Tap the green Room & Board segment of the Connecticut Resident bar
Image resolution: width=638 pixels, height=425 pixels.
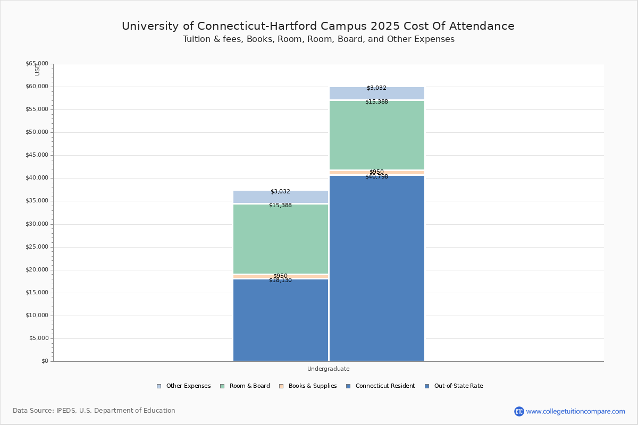click(281, 239)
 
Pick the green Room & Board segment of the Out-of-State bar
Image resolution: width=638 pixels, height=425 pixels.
click(377, 135)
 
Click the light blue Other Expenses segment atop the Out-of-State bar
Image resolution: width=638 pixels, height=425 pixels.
click(377, 93)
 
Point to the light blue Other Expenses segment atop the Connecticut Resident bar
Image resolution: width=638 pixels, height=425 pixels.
click(281, 197)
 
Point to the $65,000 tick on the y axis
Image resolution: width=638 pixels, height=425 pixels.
click(37, 64)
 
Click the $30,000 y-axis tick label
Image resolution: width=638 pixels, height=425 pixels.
click(37, 224)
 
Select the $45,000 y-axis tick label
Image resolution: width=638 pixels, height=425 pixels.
click(37, 155)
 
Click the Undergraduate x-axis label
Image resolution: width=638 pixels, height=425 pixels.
click(328, 369)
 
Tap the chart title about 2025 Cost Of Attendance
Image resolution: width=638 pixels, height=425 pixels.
click(318, 26)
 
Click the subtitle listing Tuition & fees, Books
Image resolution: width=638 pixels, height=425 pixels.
click(318, 39)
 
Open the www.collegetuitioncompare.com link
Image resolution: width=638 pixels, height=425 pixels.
click(575, 411)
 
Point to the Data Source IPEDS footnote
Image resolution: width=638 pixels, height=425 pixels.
click(94, 411)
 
